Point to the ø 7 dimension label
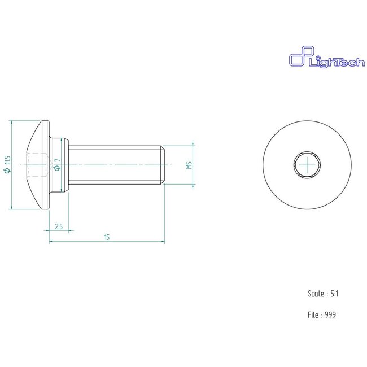[58, 165]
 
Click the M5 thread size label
[189, 165]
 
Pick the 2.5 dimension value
[59, 226]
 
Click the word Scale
[316, 294]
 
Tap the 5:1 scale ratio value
[335, 294]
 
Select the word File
[313, 315]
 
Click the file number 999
[330, 315]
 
